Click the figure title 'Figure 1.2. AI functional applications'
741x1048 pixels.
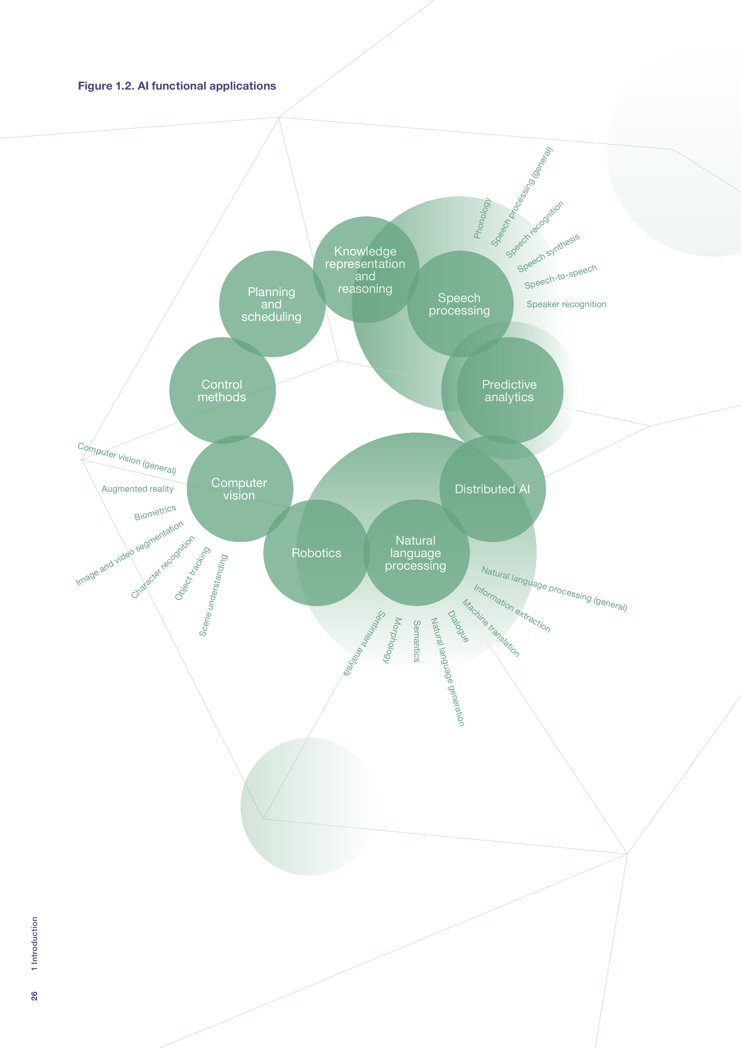177,86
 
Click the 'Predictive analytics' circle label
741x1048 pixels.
509,391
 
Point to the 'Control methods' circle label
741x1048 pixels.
222,391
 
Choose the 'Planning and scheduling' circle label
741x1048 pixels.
272,304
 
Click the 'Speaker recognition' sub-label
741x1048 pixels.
566,304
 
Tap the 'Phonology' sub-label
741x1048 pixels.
482,218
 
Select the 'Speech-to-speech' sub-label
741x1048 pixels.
560,277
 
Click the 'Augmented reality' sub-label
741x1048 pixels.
137,489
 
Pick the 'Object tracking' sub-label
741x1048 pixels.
192,573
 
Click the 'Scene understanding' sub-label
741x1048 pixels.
213,595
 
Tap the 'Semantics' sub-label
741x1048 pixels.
417,641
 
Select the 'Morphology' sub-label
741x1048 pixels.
392,640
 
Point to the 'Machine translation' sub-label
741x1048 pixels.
491,628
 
